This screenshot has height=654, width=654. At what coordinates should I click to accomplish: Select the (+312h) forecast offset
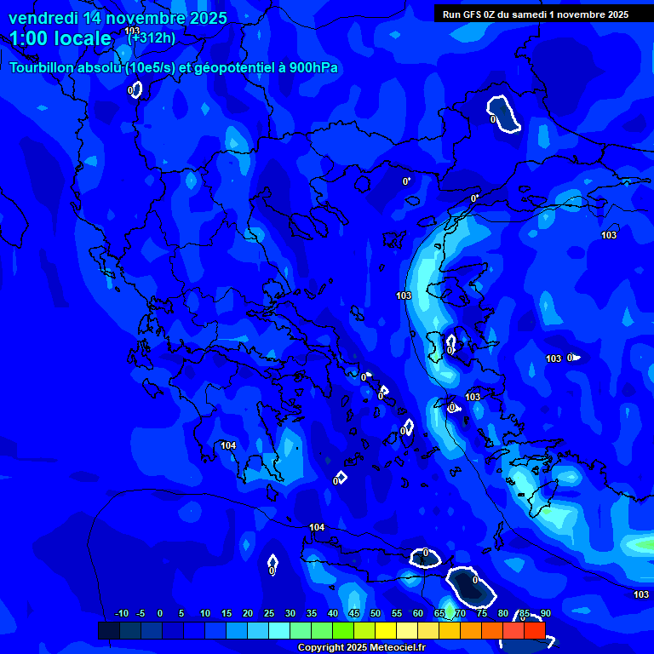(x=152, y=37)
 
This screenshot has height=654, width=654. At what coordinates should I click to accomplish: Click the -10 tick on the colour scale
(x=121, y=614)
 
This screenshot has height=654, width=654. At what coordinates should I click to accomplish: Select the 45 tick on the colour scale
(x=354, y=614)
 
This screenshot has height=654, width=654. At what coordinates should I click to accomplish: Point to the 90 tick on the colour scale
(x=545, y=614)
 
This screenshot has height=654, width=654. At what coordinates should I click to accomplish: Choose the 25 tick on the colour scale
(x=269, y=614)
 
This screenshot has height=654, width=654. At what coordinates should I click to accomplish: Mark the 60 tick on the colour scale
(x=418, y=614)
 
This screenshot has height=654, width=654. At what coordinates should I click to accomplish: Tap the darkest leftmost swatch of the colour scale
(x=109, y=630)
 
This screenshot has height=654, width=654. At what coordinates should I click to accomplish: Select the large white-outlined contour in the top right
(x=503, y=114)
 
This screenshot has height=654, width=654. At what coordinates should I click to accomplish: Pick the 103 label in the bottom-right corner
(x=641, y=594)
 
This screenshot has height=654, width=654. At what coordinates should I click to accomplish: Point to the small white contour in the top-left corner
(x=135, y=89)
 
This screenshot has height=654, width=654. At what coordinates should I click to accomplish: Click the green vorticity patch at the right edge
(x=640, y=543)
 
